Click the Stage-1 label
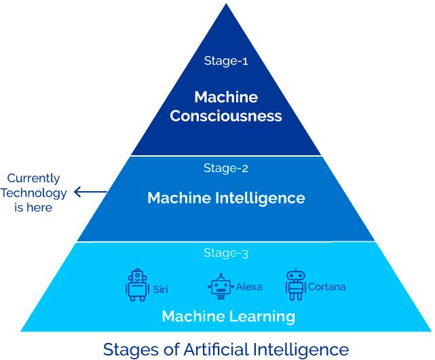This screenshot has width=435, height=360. (x=226, y=61)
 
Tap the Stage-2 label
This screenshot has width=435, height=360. (x=226, y=168)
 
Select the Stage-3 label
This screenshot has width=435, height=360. (x=226, y=253)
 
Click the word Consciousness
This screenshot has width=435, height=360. (x=226, y=115)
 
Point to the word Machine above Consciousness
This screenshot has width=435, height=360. (x=226, y=97)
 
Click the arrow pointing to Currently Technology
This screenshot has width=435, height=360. (x=90, y=192)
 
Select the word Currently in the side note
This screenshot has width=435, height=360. (x=33, y=179)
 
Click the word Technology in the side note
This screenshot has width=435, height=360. (x=33, y=193)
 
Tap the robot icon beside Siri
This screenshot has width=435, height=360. (x=136, y=285)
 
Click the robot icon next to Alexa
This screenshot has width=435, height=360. (x=221, y=287)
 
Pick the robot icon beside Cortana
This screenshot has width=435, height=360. (x=296, y=285)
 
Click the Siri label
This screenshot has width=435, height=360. (x=160, y=289)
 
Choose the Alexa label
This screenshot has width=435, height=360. (x=249, y=287)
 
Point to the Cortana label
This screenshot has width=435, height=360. (x=327, y=287)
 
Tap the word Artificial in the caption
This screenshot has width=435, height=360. (x=216, y=349)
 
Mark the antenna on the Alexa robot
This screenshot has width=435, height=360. (x=221, y=277)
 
